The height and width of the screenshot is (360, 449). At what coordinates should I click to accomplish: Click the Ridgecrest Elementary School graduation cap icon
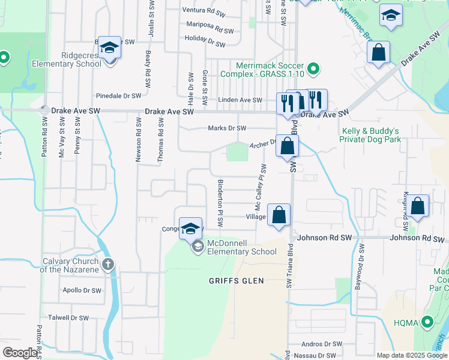[110, 47]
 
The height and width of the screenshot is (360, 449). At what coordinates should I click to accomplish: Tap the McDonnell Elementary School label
[241, 248]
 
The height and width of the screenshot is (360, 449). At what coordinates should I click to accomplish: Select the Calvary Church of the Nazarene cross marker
[107, 264]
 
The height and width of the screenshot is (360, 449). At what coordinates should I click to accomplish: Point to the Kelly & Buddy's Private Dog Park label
[370, 135]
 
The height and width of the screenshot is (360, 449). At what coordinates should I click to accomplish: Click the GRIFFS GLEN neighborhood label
[232, 281]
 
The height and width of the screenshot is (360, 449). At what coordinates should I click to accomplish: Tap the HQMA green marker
[427, 322]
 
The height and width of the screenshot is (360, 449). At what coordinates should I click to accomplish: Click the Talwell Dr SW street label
[68, 318]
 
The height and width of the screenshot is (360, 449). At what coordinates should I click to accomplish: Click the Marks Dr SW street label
[227, 128]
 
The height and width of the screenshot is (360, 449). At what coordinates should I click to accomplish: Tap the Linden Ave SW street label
[240, 100]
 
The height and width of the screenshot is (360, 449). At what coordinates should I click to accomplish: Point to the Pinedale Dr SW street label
[118, 95]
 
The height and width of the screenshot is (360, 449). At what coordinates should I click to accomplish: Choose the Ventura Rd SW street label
[203, 10]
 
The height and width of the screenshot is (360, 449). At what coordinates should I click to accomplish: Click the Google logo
[20, 352]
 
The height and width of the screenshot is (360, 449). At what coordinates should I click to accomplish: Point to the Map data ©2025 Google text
[412, 355]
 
